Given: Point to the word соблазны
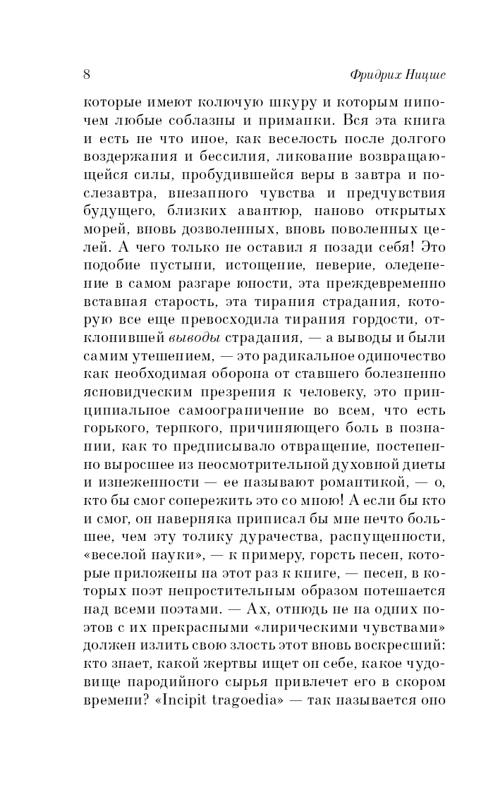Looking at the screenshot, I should tap(206, 118).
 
